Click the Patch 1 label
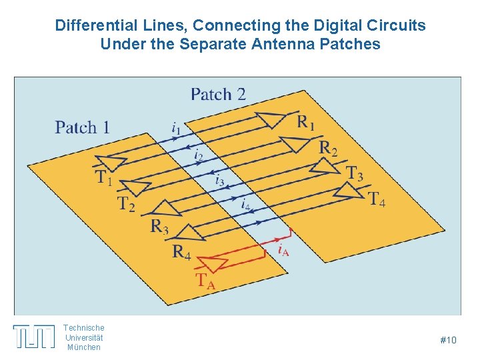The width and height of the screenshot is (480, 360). click(x=82, y=127)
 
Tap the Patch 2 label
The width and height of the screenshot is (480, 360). click(x=218, y=94)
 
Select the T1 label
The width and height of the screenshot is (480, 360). click(x=103, y=178)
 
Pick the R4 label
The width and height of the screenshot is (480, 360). click(x=181, y=252)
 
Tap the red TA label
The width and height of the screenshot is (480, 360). click(x=205, y=281)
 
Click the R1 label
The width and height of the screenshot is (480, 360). click(x=306, y=122)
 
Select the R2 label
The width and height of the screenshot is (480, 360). click(x=328, y=148)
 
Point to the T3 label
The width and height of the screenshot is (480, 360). click(x=355, y=173)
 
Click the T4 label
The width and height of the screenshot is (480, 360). click(x=377, y=199)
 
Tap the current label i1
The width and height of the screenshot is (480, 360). click(x=175, y=127)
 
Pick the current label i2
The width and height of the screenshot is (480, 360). click(x=198, y=155)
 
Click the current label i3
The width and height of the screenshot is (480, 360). click(x=219, y=179)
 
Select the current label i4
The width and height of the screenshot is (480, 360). click(x=246, y=203)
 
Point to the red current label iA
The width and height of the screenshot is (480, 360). click(x=283, y=251)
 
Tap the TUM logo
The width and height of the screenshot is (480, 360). click(x=34, y=336)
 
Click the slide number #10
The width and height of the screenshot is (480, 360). click(x=448, y=341)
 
